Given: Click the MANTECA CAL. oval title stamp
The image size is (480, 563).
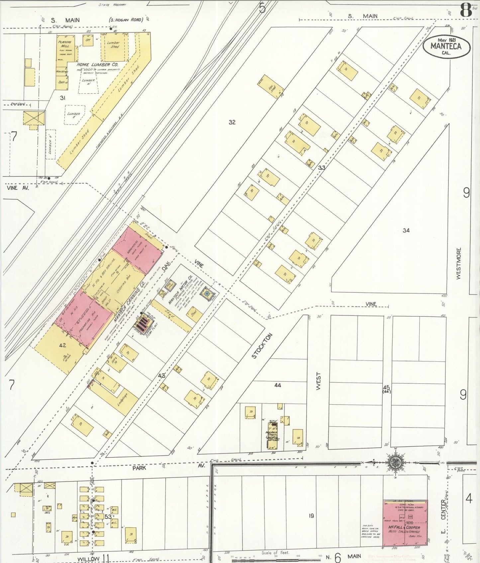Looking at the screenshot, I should coord(446,47).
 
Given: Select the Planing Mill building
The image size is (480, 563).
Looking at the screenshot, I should coord(65,48).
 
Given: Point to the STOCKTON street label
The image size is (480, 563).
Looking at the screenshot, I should coord(262,346).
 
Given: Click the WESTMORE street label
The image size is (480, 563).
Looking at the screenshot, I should coord(459,263).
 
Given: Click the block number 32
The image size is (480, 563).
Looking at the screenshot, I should coord(232,122).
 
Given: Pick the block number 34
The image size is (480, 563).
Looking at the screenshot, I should coord(406,230).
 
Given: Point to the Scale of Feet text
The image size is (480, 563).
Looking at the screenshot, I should coord(275,553).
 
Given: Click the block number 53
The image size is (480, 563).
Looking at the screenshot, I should coord(108,517).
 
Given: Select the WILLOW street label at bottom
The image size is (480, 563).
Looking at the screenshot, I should coord(88,559).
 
